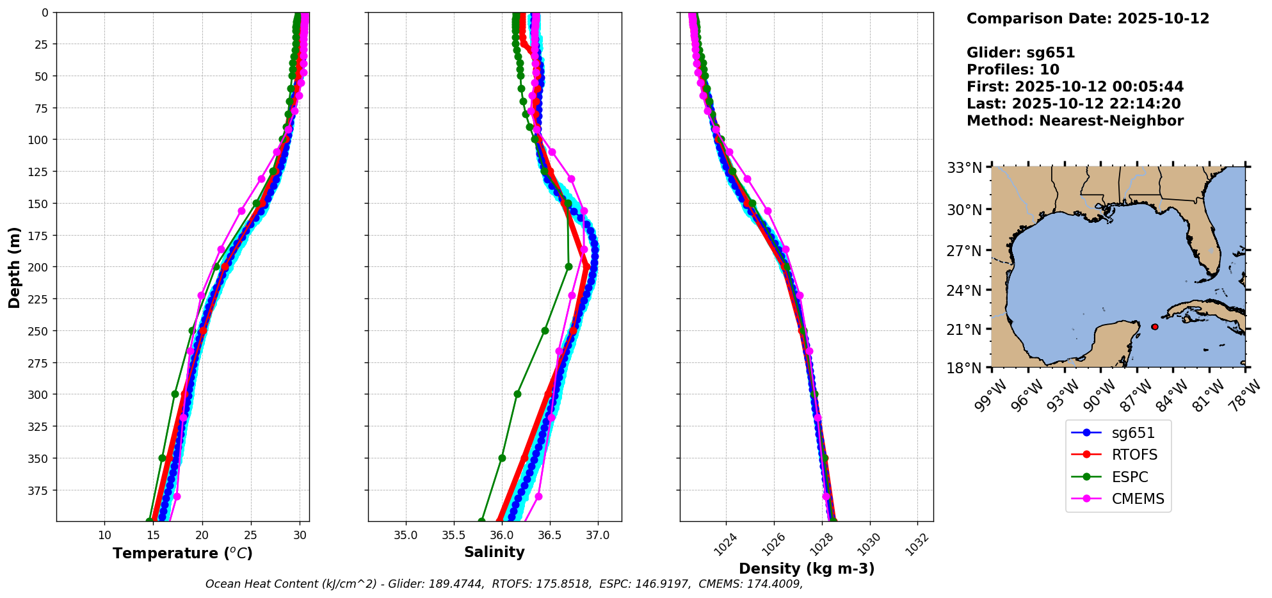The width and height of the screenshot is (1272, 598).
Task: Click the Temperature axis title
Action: coord(182,553)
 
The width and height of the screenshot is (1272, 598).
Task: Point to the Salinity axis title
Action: coord(494,552)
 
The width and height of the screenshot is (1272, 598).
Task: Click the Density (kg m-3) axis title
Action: coord(807,569)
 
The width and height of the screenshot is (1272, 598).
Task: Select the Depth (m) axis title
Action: coord(14,267)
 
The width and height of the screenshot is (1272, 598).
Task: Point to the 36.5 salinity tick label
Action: coord(549,535)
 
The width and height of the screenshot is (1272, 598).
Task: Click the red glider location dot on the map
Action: coord(1155,327)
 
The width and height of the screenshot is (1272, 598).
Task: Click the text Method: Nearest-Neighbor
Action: coord(1075,121)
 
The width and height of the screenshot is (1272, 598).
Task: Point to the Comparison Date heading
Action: coord(1088,19)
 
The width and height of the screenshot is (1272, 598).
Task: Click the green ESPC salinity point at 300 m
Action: coord(517,394)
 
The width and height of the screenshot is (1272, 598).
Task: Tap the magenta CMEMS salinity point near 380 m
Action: coord(538,496)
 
